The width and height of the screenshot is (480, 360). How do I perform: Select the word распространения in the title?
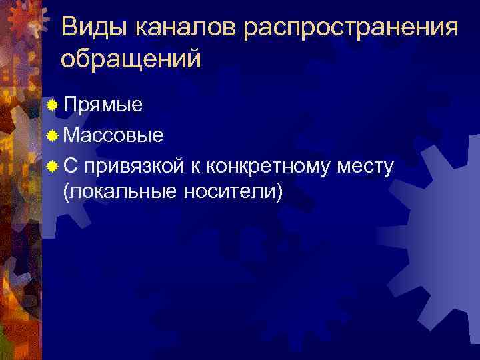click(352, 29)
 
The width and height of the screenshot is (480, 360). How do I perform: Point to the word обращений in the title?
click(130, 59)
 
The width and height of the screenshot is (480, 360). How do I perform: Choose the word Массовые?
click(113, 136)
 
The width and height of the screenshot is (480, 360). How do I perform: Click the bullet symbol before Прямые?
click(53, 105)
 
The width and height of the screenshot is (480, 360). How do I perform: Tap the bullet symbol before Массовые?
click(53, 135)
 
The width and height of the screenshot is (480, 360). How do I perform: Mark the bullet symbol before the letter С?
click(53, 165)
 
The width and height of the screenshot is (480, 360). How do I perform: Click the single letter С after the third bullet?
click(70, 165)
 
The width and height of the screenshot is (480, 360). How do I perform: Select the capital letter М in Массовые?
click(71, 136)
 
